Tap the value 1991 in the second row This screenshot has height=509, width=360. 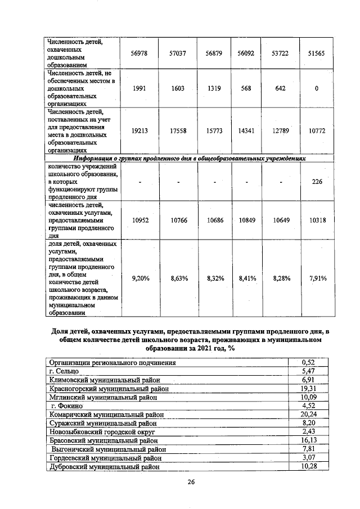tap(139, 88)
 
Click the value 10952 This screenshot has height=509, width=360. tap(139, 220)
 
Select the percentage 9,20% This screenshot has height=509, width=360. tap(139, 277)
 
